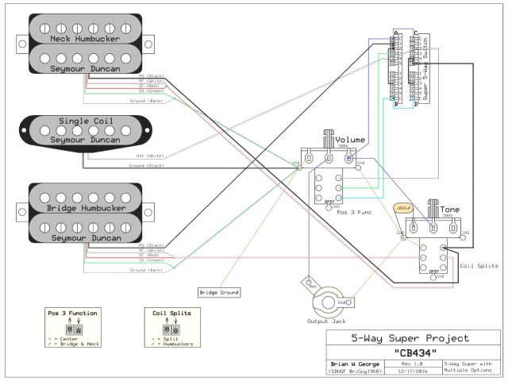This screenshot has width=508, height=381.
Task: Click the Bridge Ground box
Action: point(218,292)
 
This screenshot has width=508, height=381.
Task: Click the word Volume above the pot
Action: point(349,140)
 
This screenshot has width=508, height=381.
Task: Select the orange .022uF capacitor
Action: point(403,208)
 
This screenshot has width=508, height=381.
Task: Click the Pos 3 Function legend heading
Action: point(72,314)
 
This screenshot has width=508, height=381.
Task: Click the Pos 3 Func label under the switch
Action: point(354,214)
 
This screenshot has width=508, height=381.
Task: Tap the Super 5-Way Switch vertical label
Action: point(425,68)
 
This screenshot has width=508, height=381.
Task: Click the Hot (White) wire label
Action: point(150,156)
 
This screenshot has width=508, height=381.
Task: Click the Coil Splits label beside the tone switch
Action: point(479,266)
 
